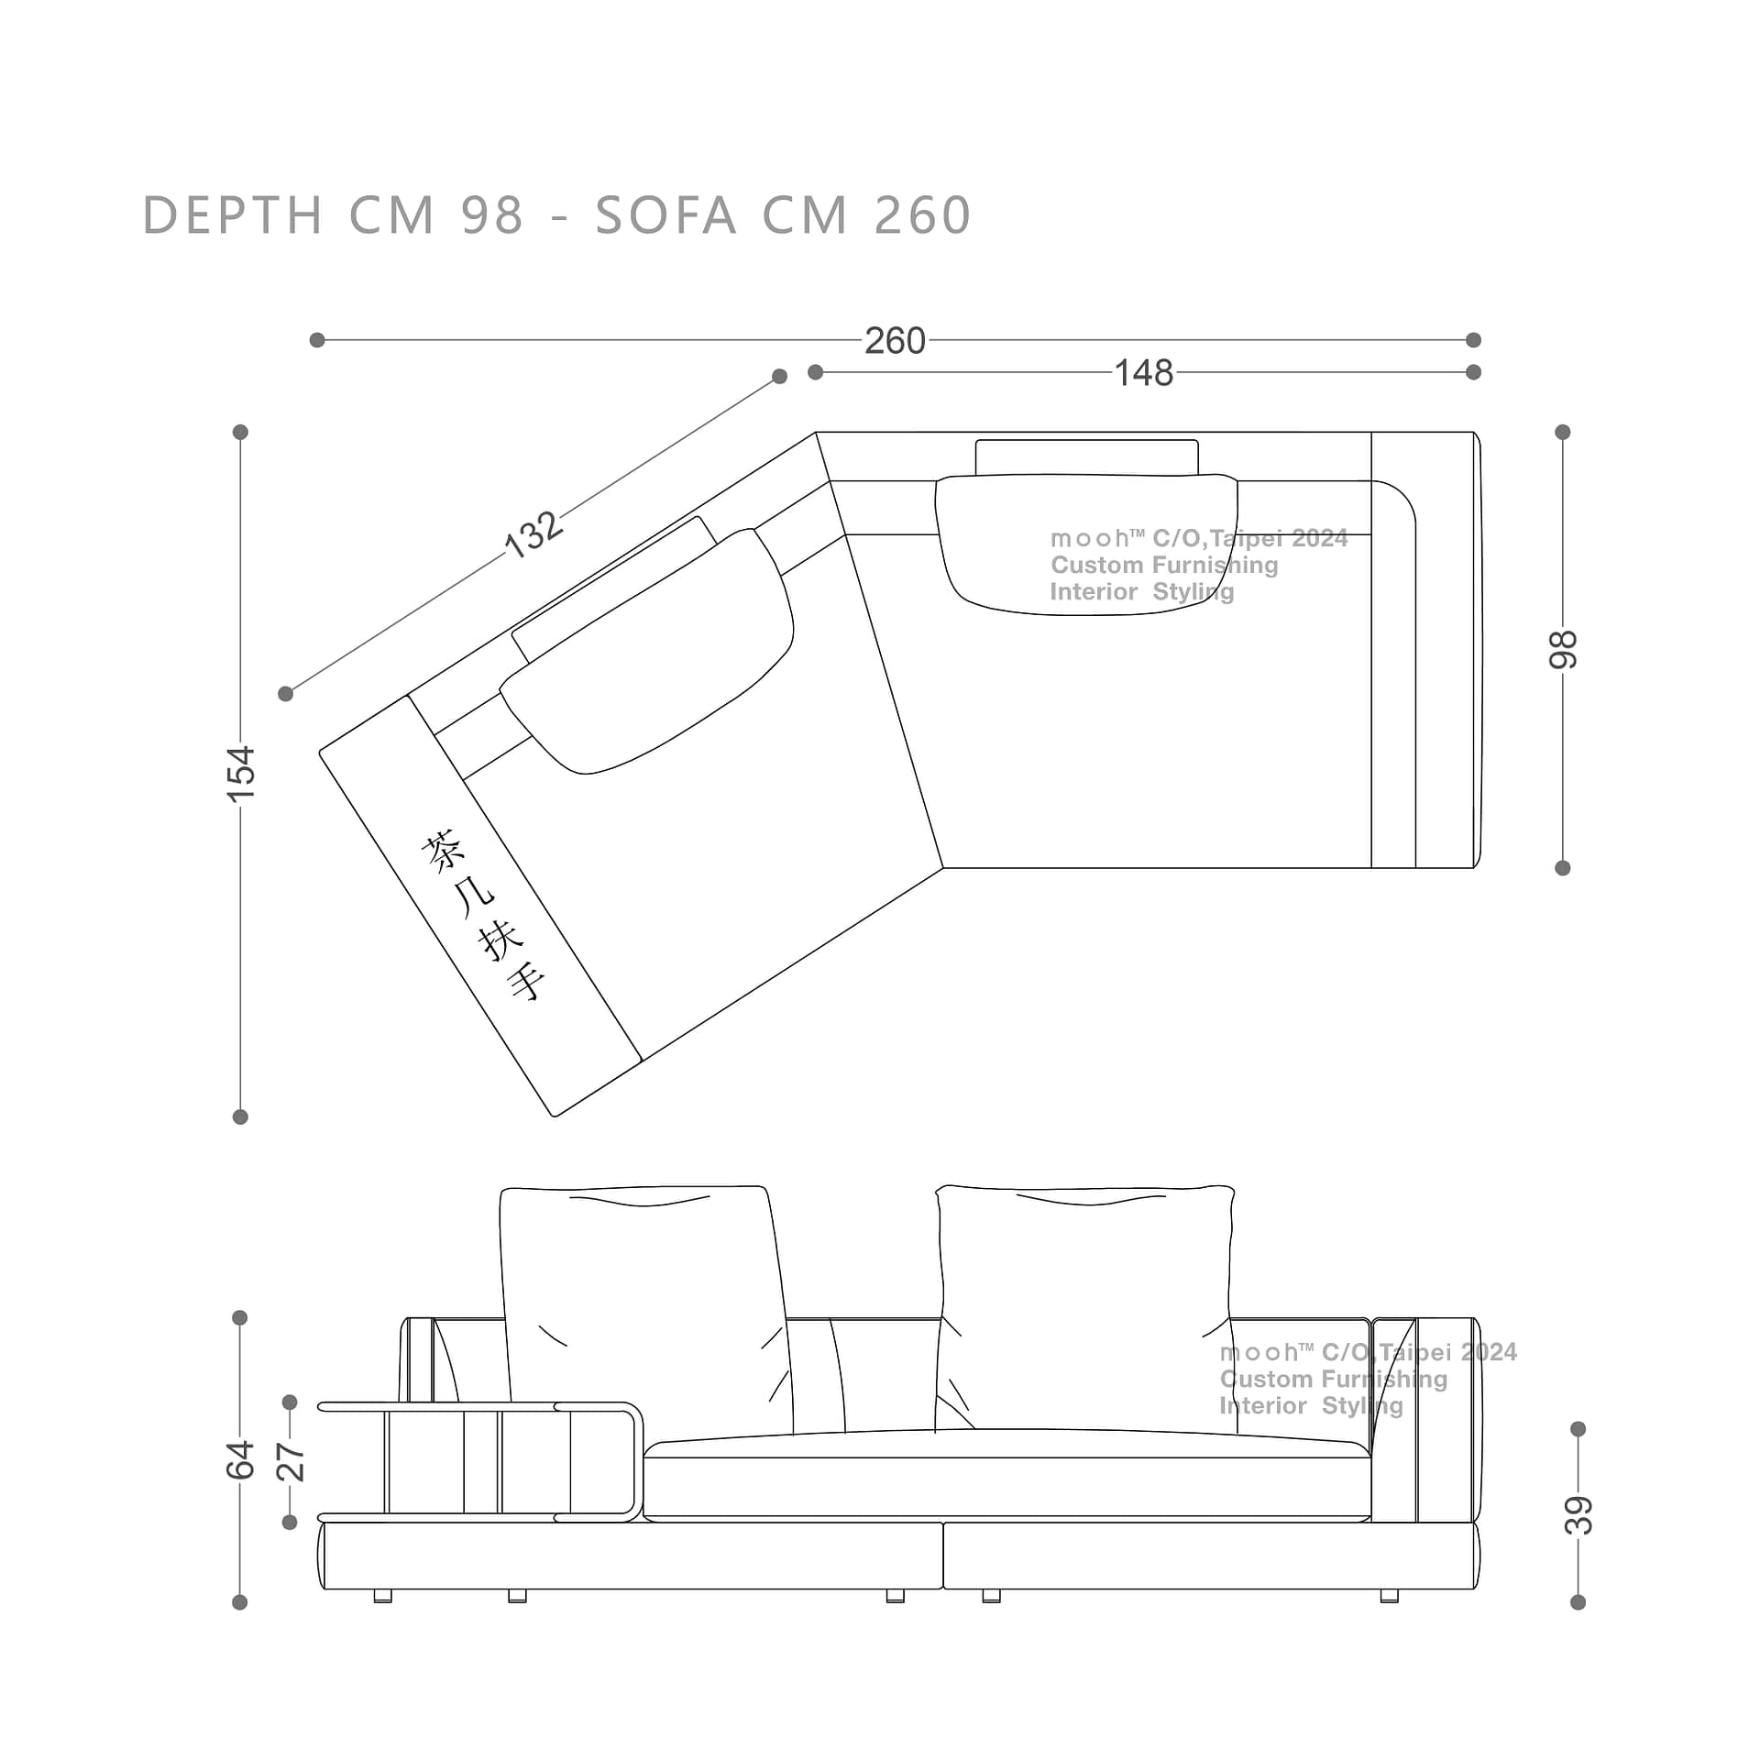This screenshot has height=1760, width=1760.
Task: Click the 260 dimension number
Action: [x=895, y=341]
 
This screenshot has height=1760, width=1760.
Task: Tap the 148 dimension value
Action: [x=1143, y=373]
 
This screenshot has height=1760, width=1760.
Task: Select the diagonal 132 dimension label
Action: [x=533, y=533]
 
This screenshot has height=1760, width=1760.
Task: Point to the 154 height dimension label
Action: [x=241, y=774]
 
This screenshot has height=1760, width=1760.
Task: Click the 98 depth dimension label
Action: [x=1563, y=650]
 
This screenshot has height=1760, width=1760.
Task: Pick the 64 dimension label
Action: [x=240, y=1460]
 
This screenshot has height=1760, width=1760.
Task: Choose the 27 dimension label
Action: [x=290, y=1462]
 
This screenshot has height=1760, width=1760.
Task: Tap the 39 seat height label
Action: [x=1578, y=1515]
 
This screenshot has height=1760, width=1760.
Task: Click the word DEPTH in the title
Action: [x=233, y=215]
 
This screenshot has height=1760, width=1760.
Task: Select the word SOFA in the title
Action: [x=666, y=215]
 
